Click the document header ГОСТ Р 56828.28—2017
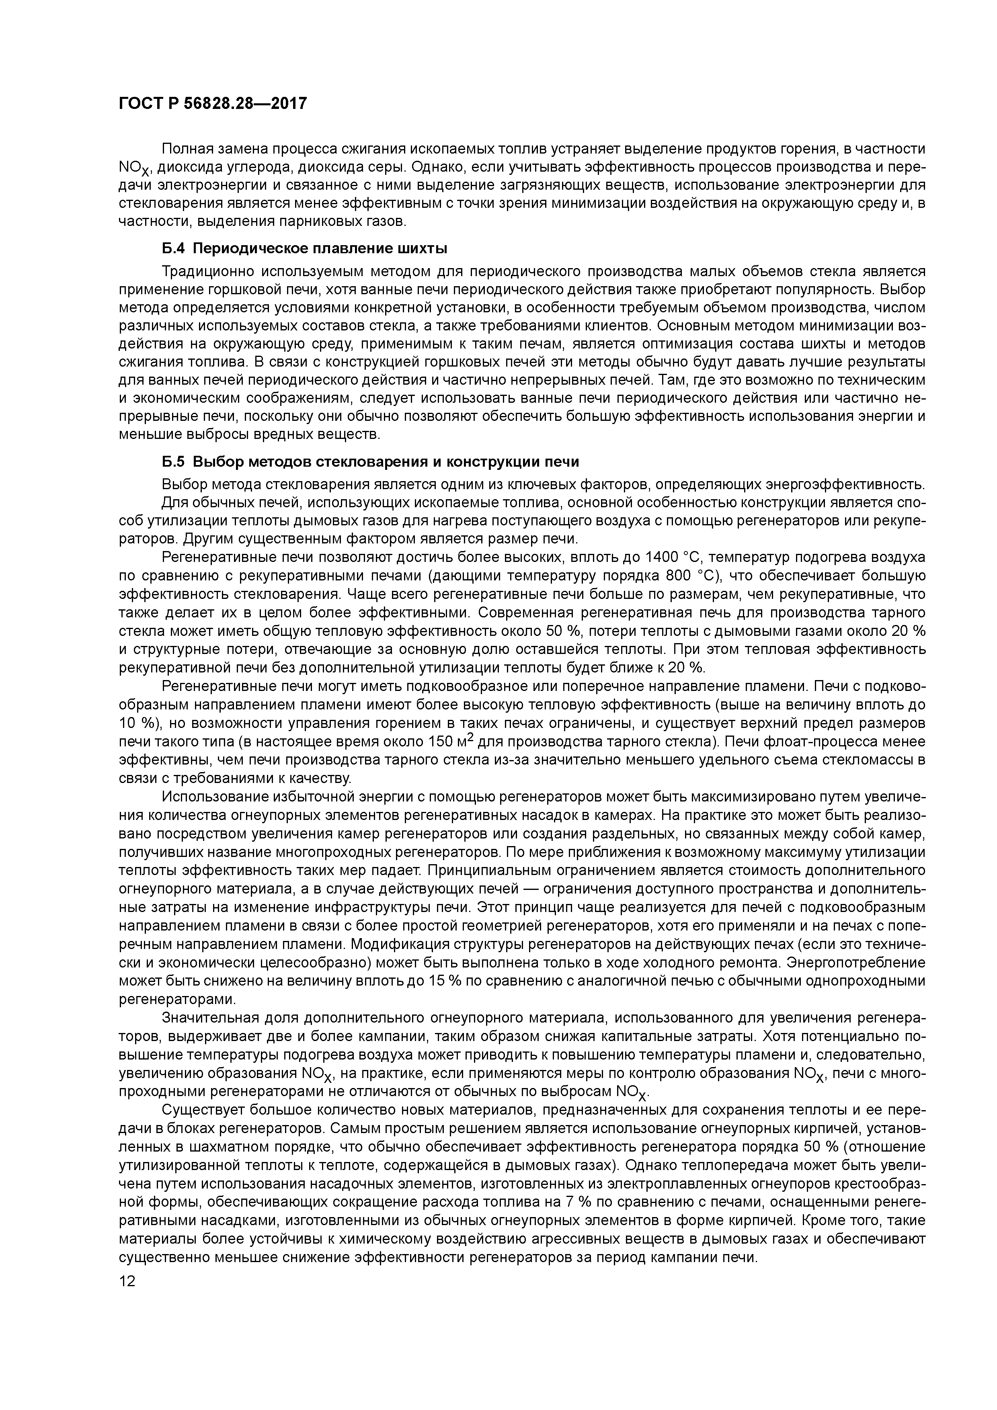(x=212, y=104)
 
